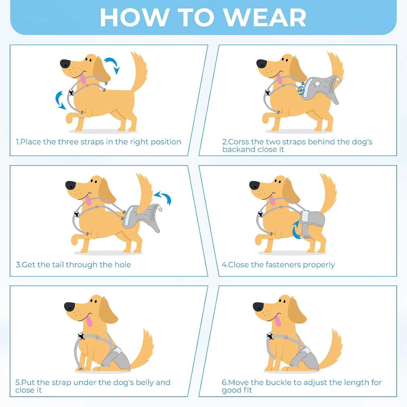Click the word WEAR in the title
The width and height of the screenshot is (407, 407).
pyautogui.click(x=265, y=18)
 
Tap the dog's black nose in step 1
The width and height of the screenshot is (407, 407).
pyautogui.click(x=65, y=64)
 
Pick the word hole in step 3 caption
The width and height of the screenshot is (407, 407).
pyautogui.click(x=123, y=265)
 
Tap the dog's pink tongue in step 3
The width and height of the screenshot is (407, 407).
pyautogui.click(x=88, y=201)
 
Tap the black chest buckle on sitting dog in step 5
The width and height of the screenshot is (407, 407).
pyautogui.click(x=81, y=336)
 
